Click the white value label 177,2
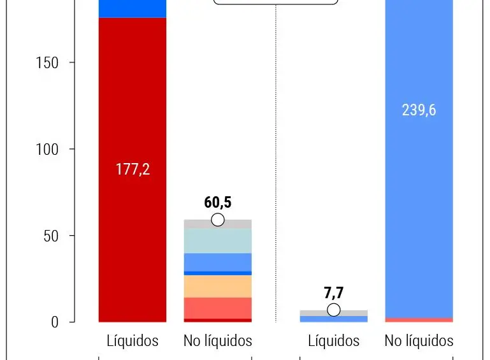pyautogui.click(x=133, y=169)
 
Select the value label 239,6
pyautogui.click(x=419, y=110)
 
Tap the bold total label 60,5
pyautogui.click(x=217, y=203)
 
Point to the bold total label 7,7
pyautogui.click(x=333, y=294)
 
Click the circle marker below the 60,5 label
pyautogui.click(x=217, y=220)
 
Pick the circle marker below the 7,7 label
pyautogui.click(x=333, y=310)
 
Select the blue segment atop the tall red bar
pyautogui.click(x=133, y=8)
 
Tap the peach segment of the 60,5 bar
pyautogui.click(x=217, y=286)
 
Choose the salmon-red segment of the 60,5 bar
pyautogui.click(x=217, y=308)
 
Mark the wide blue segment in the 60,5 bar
pyautogui.click(x=217, y=262)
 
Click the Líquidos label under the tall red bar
pyautogui.click(x=133, y=341)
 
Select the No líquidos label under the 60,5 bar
pyautogui.click(x=217, y=341)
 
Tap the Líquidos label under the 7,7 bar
pyautogui.click(x=333, y=341)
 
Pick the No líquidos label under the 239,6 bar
pyautogui.click(x=419, y=341)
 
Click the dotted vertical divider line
pyautogui.click(x=276, y=159)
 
